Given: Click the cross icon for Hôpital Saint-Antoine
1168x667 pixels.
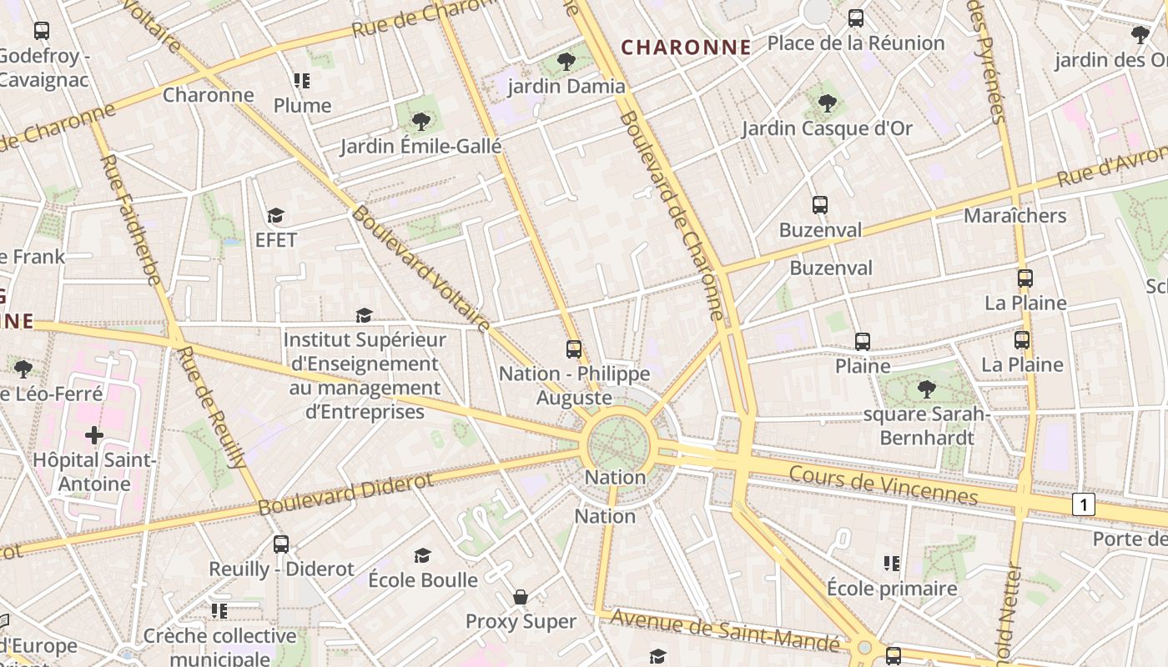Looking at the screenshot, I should [94, 434].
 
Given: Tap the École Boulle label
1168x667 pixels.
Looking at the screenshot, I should [423, 579].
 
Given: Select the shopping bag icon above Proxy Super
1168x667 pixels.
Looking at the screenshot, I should [521, 597].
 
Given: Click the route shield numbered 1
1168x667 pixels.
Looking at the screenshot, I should [1083, 504].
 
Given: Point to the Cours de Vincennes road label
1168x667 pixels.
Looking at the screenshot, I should [883, 484].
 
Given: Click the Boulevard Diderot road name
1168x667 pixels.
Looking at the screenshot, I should [345, 494].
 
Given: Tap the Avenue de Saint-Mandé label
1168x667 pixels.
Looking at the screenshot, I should [725, 630].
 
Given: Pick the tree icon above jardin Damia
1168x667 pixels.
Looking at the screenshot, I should [566, 61].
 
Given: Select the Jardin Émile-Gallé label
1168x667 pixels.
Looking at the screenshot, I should [420, 147].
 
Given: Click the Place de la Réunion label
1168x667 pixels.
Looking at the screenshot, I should [856, 43].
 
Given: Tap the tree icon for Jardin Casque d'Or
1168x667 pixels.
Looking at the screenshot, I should [827, 103].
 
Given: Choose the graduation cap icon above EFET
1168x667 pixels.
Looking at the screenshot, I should [276, 216].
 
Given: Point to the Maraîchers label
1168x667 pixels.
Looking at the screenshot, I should [1014, 215].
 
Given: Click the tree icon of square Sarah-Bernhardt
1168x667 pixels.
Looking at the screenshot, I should [926, 389].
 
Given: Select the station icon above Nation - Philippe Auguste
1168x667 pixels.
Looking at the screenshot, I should [574, 349].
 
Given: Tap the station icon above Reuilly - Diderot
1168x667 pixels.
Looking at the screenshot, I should [281, 544].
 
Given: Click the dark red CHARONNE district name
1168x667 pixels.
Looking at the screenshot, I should [687, 48].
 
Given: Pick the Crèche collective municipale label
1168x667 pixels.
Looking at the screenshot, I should [219, 646].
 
